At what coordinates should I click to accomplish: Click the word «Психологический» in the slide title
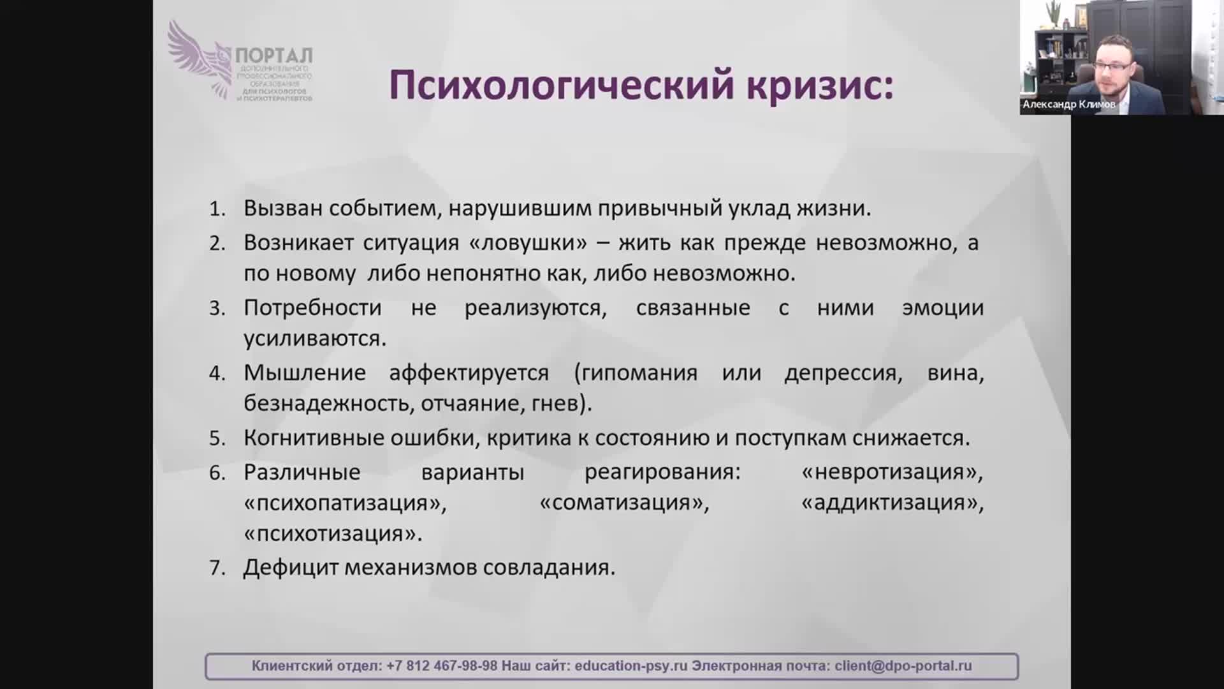coord(561,85)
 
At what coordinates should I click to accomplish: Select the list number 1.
coord(217,209)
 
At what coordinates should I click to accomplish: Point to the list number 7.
coord(217,568)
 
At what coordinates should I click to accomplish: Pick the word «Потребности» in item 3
coord(312,308)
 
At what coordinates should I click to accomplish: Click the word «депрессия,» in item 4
coord(843,373)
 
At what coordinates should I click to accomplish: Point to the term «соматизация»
coord(625,503)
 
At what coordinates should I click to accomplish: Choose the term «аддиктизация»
coord(892,503)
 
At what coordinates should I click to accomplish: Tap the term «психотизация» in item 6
coord(333,533)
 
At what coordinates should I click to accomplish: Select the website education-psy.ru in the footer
coord(631,666)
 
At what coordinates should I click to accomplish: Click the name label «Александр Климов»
coord(1069,105)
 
